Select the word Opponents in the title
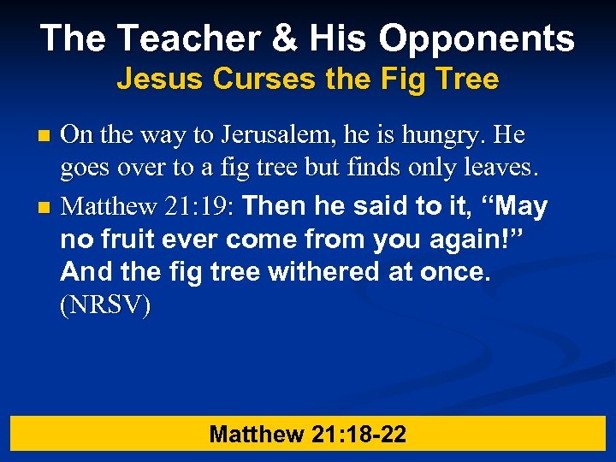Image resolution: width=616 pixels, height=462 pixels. (477, 38)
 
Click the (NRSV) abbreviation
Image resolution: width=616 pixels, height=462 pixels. (106, 306)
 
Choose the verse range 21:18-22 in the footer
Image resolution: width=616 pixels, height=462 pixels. (358, 435)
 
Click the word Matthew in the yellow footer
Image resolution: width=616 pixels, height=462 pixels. (256, 435)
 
